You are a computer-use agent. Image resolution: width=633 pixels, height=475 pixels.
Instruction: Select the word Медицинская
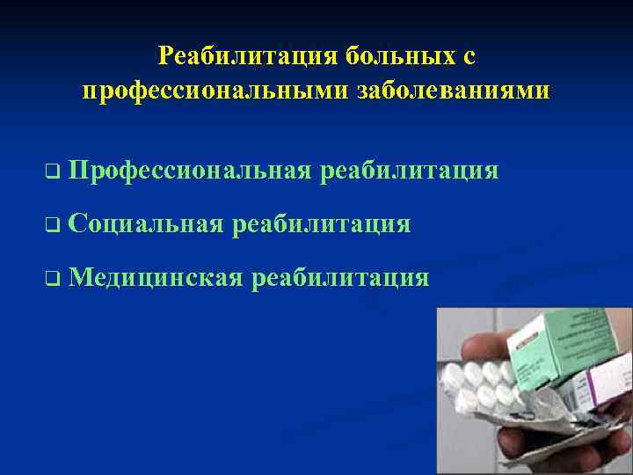(x=155, y=279)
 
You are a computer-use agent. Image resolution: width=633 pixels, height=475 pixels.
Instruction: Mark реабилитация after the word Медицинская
(x=341, y=279)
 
